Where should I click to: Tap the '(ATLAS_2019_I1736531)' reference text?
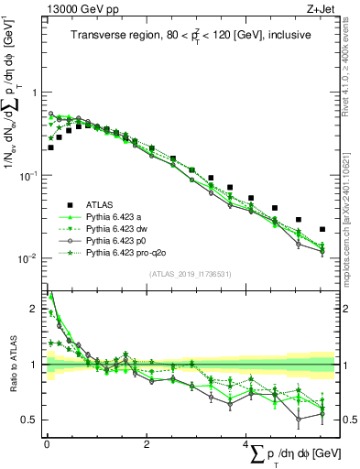(190, 274)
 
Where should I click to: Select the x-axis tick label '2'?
(147, 444)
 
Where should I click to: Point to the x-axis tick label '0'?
(47, 444)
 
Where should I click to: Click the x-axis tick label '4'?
(246, 444)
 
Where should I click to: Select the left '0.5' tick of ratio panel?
(33, 420)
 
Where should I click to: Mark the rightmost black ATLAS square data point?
(322, 229)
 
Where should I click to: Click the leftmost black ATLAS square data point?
(51, 147)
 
